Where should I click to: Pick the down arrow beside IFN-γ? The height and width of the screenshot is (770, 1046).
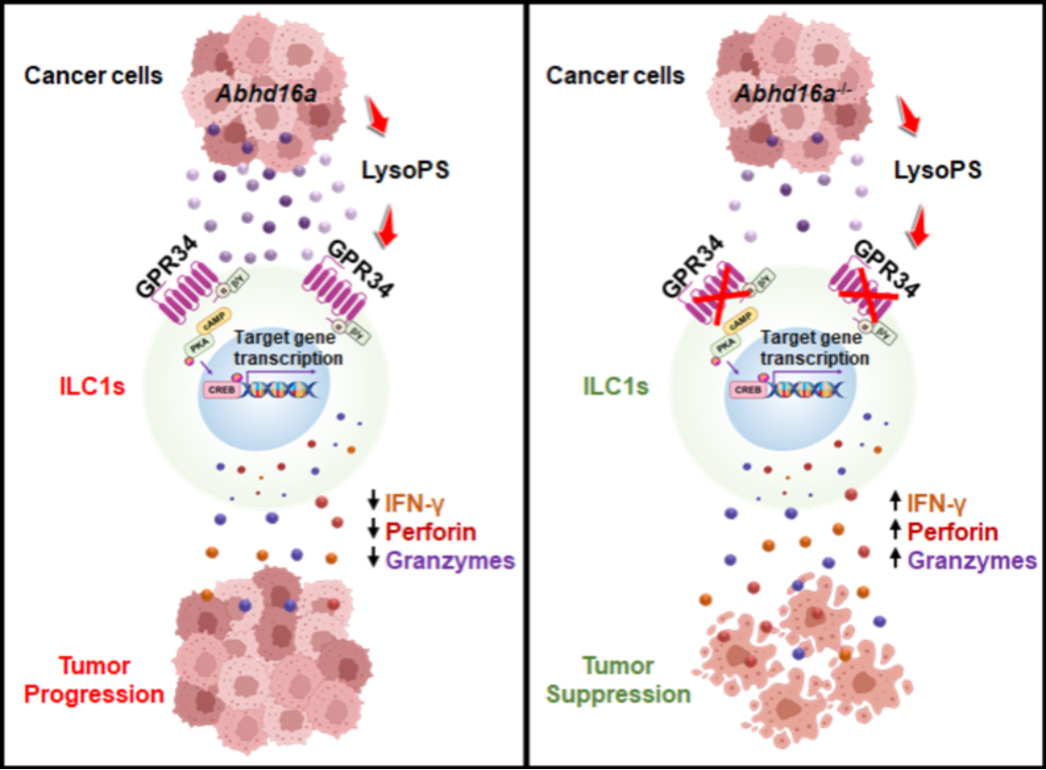374,501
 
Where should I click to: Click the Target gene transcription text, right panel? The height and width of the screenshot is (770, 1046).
816,348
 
